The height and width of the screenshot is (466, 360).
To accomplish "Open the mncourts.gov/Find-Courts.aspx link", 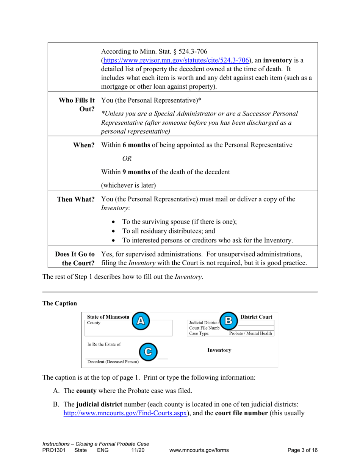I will pos(125,413).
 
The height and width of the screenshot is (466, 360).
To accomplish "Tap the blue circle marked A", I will pos(140,321).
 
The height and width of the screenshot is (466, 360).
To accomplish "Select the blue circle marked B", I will pos(229,321).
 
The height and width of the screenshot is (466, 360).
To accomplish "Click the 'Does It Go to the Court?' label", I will pos(75,258).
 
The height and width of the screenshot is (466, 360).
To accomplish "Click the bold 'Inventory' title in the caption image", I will pos(219,350).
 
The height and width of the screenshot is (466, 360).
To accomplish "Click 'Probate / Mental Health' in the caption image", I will pos(250,333).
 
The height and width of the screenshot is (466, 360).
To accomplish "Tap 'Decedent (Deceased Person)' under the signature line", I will pos(113,362).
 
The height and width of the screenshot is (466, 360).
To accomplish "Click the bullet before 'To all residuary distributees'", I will pos(114,231).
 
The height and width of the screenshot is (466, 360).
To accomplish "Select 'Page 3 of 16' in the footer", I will pos(302,450).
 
